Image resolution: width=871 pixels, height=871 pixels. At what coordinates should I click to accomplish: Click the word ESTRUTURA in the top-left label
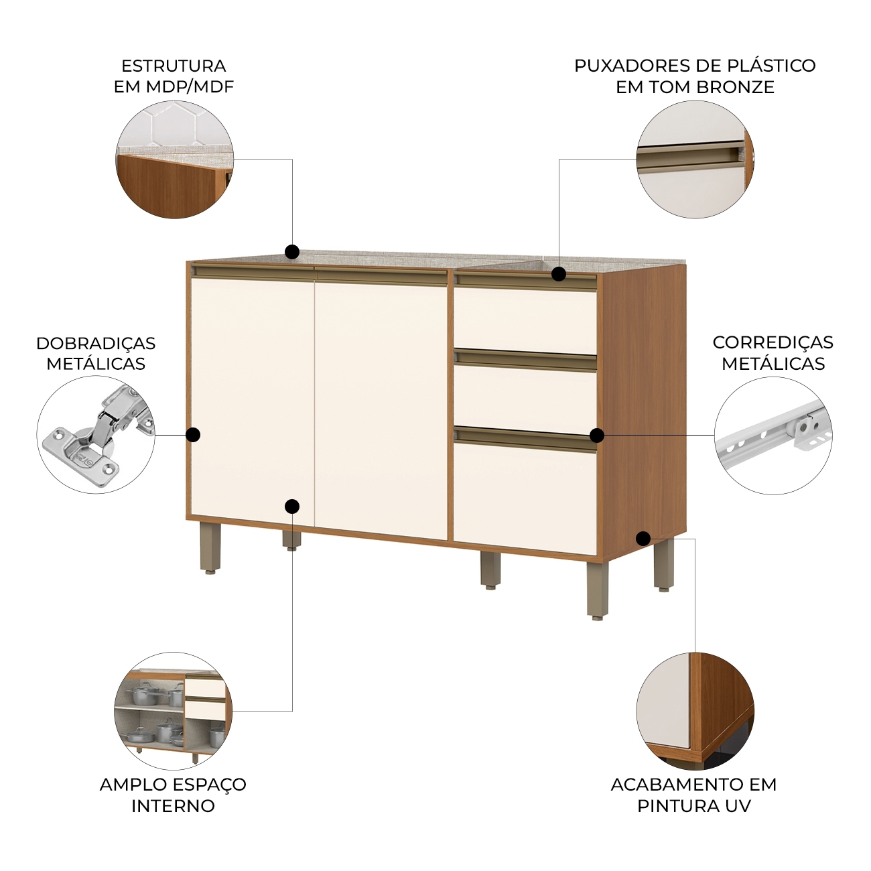click(x=174, y=66)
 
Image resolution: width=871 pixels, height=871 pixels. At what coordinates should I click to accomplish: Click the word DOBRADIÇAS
click(x=96, y=343)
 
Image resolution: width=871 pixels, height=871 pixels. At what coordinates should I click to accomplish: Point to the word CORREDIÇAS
click(x=773, y=342)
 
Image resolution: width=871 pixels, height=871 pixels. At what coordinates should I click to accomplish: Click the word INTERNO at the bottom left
click(x=173, y=806)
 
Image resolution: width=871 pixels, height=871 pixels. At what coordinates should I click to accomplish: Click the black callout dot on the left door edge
click(x=194, y=435)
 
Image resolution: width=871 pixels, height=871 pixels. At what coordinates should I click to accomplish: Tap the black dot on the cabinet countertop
click(x=292, y=251)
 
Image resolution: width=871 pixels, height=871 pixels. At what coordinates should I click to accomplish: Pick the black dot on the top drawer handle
click(x=559, y=274)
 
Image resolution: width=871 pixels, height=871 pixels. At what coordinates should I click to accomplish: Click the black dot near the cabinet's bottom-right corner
click(x=643, y=539)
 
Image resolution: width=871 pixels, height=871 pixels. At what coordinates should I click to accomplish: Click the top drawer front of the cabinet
click(x=526, y=320)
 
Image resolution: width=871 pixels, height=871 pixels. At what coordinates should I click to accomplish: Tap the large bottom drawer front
click(x=526, y=498)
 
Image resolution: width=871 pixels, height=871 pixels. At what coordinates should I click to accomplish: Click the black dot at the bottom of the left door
click(x=292, y=507)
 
